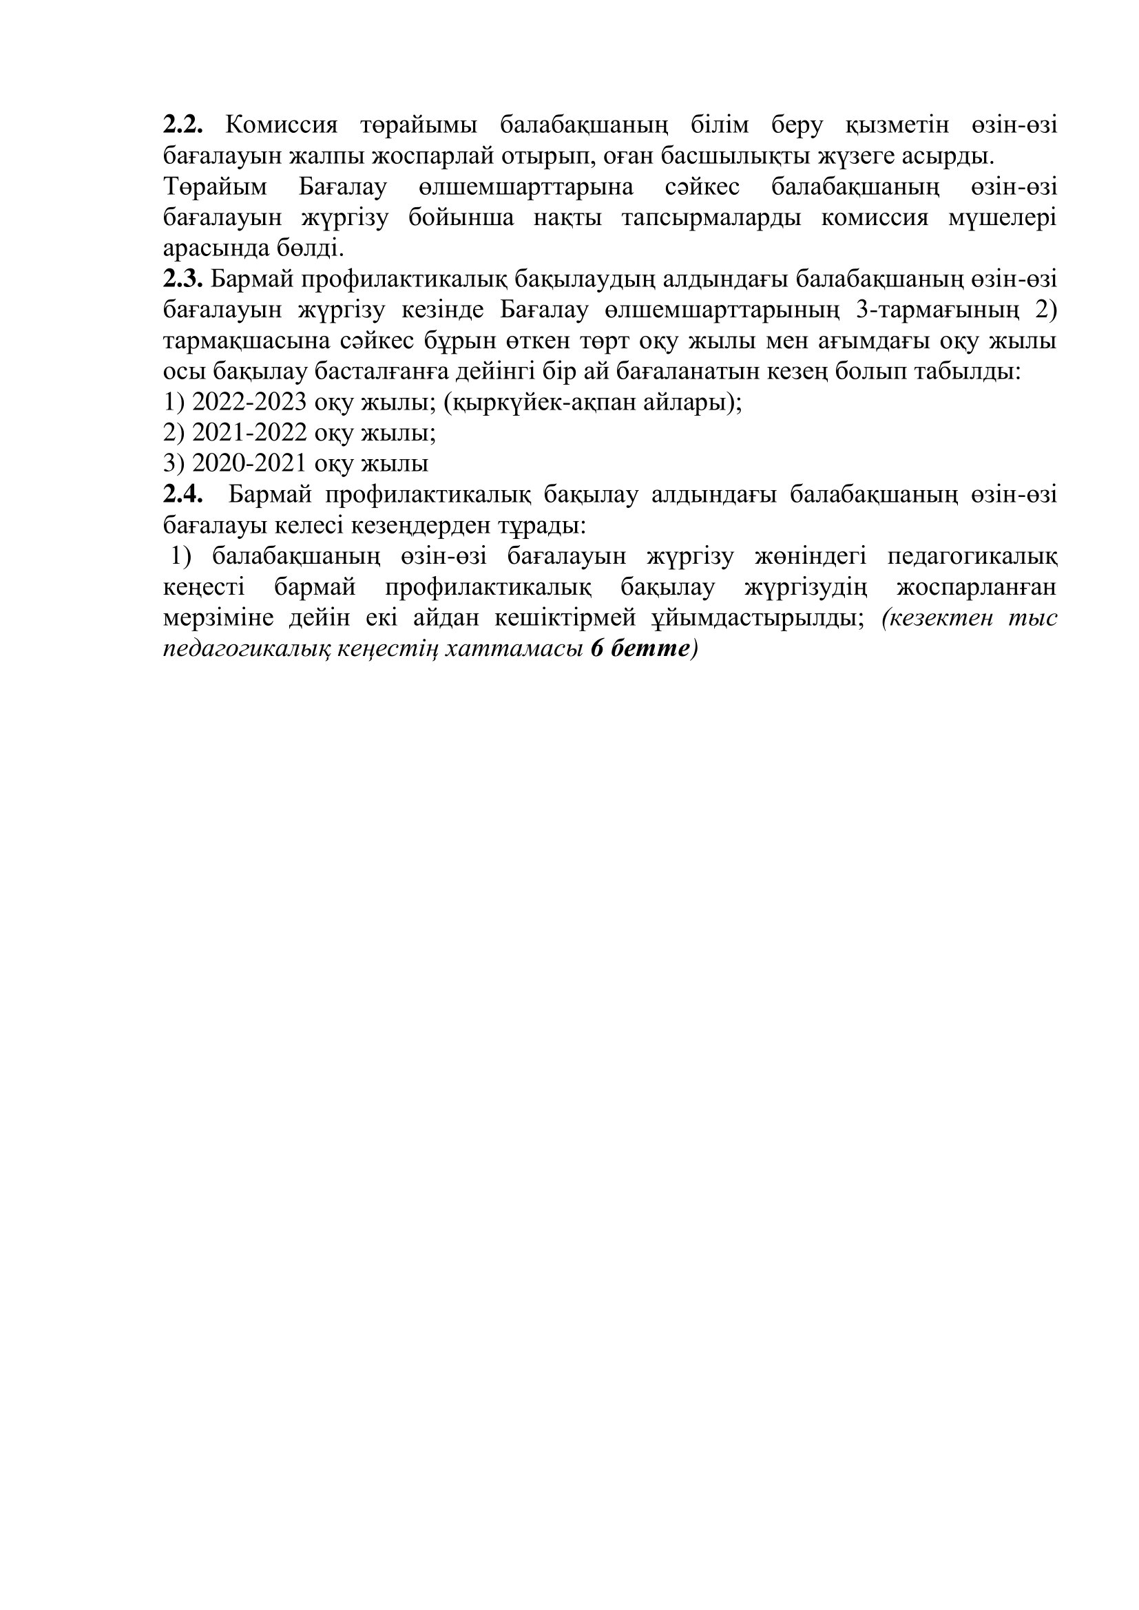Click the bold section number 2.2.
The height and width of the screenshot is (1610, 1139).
click(183, 125)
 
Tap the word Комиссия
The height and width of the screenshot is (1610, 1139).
click(281, 125)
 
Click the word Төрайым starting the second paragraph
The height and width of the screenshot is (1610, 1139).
click(216, 187)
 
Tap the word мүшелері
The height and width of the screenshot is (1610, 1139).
click(1002, 218)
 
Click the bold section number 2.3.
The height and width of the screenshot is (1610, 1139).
click(183, 279)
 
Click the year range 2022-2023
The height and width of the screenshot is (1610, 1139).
click(249, 403)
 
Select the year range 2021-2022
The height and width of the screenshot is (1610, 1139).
click(249, 434)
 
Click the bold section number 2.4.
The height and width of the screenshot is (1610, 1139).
click(183, 495)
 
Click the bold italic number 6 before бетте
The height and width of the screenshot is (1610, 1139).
click(598, 649)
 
